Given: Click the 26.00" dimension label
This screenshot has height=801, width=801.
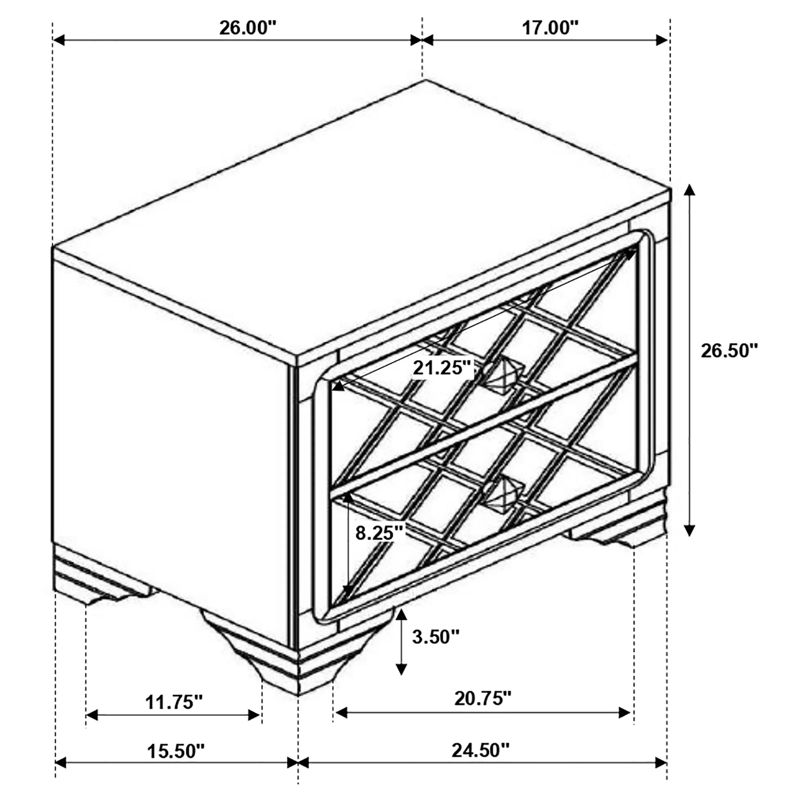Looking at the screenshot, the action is click(x=248, y=29).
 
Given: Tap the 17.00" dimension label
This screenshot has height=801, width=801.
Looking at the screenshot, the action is click(x=550, y=29).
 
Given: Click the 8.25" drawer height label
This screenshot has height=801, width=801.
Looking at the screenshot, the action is click(x=379, y=533).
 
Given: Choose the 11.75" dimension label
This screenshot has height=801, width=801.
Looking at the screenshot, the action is click(x=174, y=702).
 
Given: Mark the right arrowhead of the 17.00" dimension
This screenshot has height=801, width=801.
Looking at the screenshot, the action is click(x=661, y=40).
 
